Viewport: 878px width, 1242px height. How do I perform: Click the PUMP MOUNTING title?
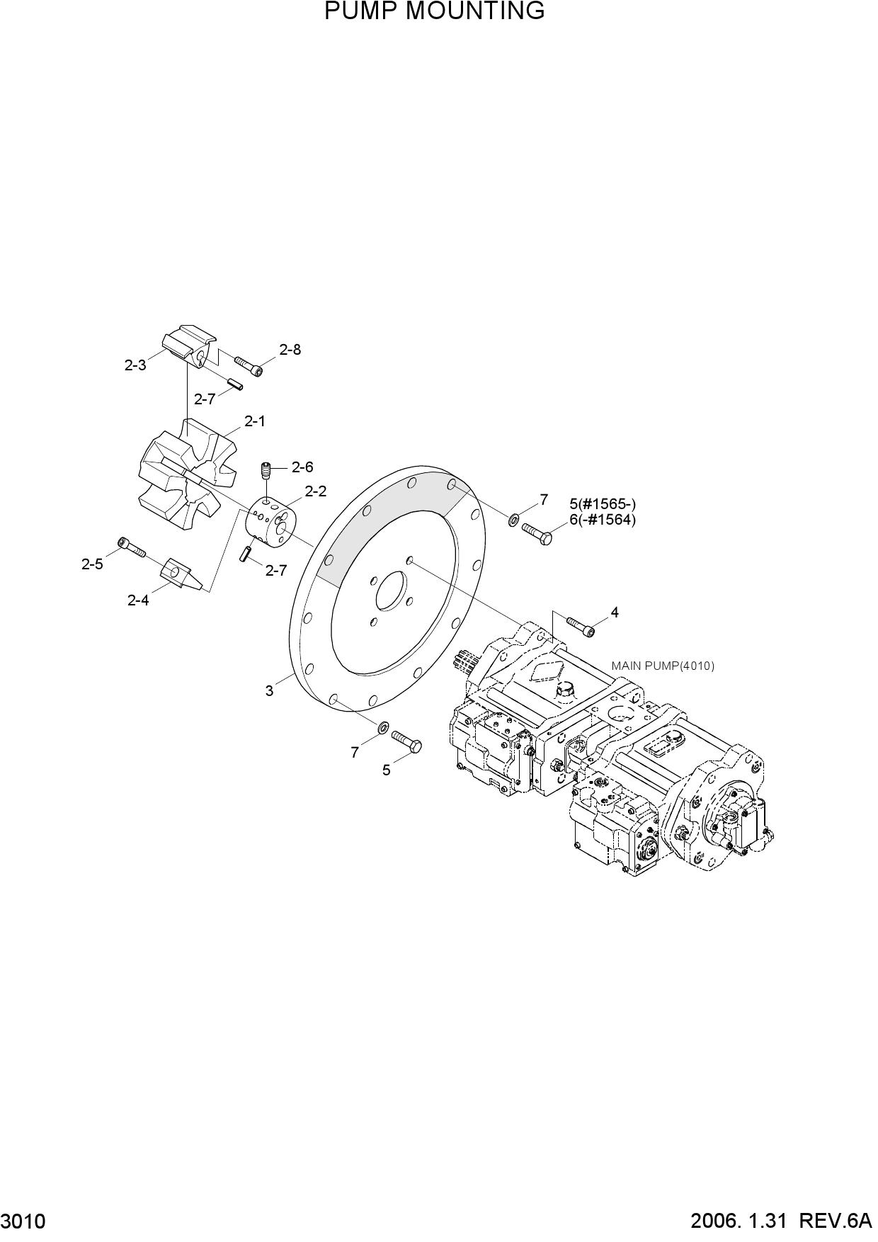(x=435, y=11)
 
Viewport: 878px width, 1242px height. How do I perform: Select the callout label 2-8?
(x=290, y=350)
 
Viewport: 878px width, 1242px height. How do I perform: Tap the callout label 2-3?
(x=135, y=365)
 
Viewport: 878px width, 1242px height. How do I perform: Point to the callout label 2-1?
(x=255, y=421)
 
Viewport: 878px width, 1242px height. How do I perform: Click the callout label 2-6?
(x=302, y=467)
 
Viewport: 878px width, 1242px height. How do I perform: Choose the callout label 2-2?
(x=316, y=491)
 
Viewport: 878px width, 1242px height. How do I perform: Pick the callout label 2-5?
(x=92, y=564)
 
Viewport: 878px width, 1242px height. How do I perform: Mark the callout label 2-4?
(x=138, y=600)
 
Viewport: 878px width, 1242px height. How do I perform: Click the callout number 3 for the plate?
(x=269, y=690)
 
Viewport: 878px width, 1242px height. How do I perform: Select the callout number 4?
(x=615, y=613)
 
